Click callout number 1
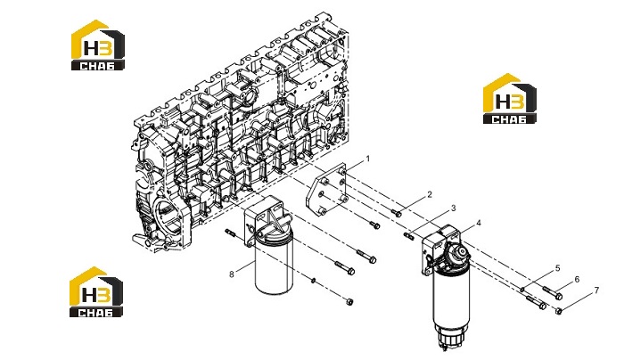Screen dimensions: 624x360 (x=367, y=159)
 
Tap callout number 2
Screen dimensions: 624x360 (x=430, y=194)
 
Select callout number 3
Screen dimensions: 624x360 (x=453, y=209)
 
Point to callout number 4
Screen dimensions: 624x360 (x=479, y=223)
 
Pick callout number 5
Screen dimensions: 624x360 (x=557, y=268)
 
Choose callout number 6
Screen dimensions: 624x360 (x=577, y=280)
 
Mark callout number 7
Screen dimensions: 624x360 (x=596, y=290)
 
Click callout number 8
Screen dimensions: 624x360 (x=232, y=274)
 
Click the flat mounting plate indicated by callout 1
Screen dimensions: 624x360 (x=326, y=190)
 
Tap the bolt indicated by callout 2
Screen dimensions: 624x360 (x=397, y=213)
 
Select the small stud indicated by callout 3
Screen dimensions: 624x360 (x=408, y=236)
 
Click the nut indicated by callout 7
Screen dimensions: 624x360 (x=559, y=311)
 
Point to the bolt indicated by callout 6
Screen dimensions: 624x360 (x=553, y=293)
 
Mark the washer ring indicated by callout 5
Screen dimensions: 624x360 (x=522, y=290)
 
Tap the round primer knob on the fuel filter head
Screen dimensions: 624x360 (x=461, y=251)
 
